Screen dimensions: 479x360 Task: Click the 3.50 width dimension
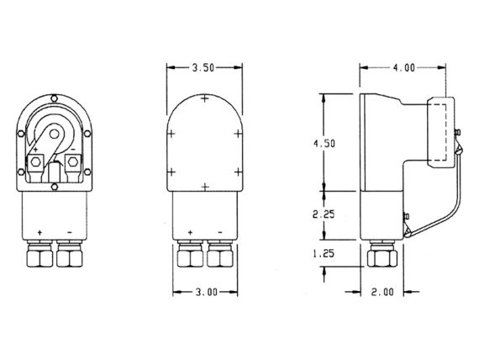203,67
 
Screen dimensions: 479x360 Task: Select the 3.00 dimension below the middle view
206,293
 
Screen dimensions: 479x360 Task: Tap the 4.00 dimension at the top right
404,67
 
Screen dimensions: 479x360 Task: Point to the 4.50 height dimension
324,144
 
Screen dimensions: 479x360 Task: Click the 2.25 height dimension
324,214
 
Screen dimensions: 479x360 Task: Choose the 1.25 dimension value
324,253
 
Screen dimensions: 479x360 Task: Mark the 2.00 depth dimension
382,292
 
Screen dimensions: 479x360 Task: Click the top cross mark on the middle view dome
205,98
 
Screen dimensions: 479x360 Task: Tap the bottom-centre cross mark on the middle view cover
205,186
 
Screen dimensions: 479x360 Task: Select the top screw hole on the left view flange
54,98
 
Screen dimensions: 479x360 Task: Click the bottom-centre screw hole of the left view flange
54,187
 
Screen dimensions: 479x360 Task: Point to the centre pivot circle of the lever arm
54,134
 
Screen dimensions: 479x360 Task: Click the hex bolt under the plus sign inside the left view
36,161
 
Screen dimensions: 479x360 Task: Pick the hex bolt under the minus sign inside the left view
73,161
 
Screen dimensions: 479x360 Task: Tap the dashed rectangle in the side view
437,132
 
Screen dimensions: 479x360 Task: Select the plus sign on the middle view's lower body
190,232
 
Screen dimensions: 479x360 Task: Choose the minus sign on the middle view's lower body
220,232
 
